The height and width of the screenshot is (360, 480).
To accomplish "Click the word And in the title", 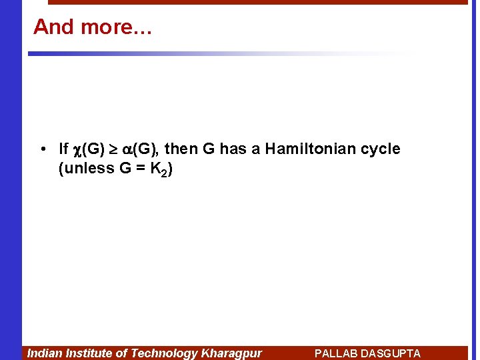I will [53, 27].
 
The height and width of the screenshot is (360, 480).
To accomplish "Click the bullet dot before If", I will [42, 149].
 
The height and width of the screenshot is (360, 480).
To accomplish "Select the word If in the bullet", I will [63, 149].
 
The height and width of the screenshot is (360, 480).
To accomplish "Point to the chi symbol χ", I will [77, 149].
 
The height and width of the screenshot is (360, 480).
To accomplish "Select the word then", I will [181, 149].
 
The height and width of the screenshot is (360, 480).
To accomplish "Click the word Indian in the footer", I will [44, 353].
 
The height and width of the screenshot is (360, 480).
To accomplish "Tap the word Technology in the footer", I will [164, 353].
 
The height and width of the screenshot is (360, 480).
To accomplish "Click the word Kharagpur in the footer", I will [231, 353].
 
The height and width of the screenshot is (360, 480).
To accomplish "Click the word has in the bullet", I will [233, 149].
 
